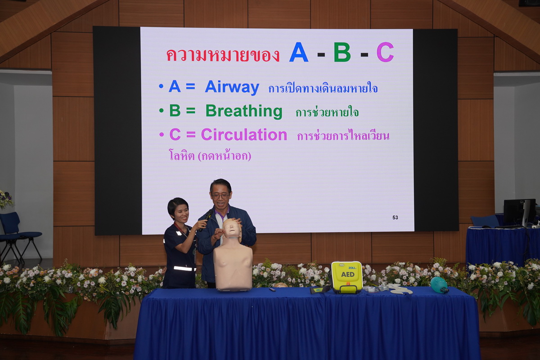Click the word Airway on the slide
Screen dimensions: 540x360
(232, 88)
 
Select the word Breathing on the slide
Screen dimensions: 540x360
(244, 112)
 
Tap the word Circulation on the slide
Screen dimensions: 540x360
(244, 135)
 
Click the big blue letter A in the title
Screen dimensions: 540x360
(299, 52)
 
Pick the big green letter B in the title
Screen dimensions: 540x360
(342, 52)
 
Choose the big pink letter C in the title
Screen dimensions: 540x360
(385, 52)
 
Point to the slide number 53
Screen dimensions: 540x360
(395, 217)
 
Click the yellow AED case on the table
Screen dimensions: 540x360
(346, 277)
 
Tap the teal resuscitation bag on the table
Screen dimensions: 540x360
(439, 284)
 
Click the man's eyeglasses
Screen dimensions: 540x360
(220, 196)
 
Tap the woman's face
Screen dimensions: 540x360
(181, 213)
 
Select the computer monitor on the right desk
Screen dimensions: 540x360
(519, 212)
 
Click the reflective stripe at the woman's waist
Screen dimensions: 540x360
(184, 268)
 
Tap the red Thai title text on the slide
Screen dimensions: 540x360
(223, 55)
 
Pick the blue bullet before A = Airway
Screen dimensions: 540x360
(161, 86)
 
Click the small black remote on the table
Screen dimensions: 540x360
(272, 289)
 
